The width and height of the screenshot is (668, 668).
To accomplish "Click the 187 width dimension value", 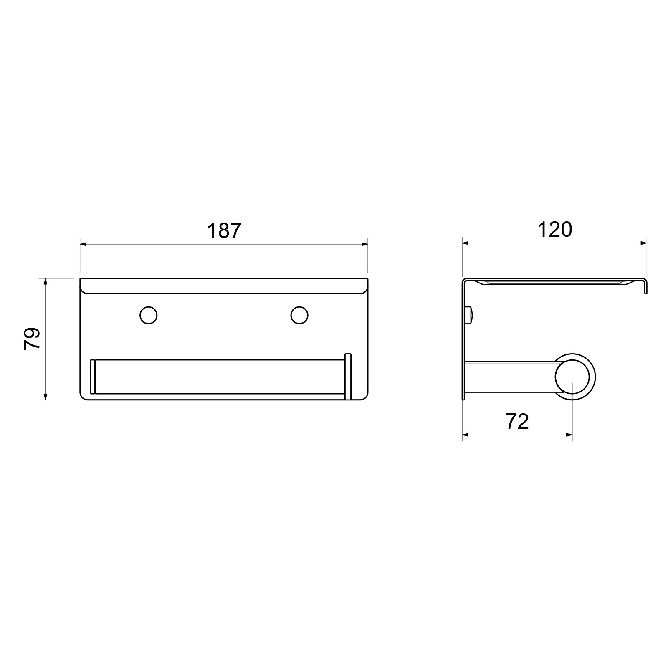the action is coord(224,230).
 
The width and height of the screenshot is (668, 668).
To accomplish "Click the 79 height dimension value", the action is coord(32,339).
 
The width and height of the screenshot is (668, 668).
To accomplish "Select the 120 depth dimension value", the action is coord(554,230).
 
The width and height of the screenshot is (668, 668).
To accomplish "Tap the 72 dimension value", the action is coord(517,422).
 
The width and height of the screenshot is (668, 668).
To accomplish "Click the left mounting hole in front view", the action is coord(148,315).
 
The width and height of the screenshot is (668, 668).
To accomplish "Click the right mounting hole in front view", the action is coord(299,315).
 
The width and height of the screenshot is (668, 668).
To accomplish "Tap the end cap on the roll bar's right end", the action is coord(348,377).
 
